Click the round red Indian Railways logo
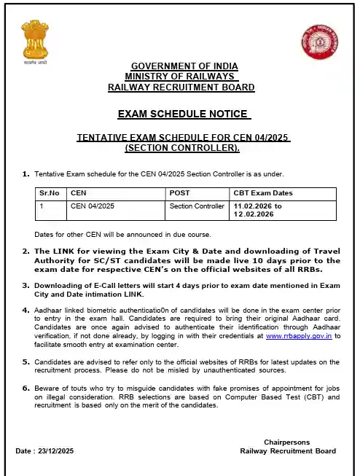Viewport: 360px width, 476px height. point(316,43)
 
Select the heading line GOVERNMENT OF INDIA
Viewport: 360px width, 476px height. point(184,66)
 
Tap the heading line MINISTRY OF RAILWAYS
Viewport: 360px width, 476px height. point(181,77)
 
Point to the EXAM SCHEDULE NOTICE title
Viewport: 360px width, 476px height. point(184,114)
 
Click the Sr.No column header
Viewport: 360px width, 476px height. point(49,193)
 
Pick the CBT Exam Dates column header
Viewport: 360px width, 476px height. point(262,193)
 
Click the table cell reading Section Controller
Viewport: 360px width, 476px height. point(197,206)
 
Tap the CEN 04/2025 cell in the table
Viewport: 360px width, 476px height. point(93,206)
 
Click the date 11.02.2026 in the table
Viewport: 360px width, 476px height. point(253,206)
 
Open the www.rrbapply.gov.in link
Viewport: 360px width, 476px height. point(298,336)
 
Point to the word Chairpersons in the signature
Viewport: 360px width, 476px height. point(288,442)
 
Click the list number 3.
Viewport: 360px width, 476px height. point(26,286)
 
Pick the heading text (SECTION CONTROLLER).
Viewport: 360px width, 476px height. point(181,148)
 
